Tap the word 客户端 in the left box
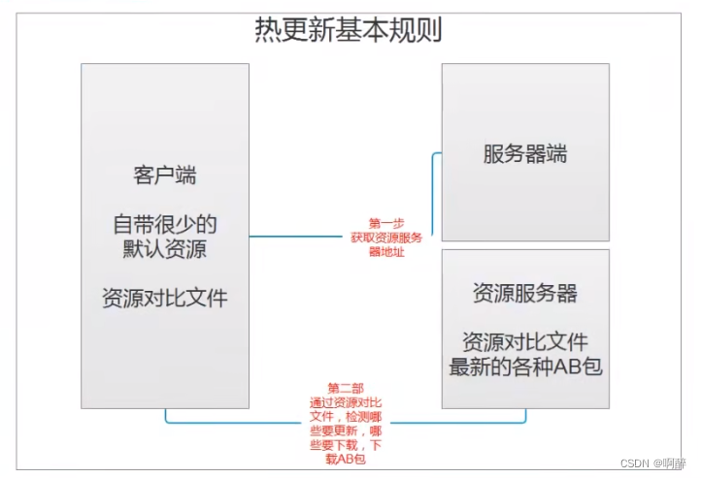[165, 175]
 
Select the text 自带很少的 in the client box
[165, 224]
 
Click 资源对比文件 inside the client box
[165, 298]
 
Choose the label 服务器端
[525, 153]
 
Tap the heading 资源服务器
[525, 293]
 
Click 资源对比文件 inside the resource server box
[525, 341]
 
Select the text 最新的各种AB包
[525, 366]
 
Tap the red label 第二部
[347, 388]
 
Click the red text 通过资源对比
[347, 401]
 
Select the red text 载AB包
[347, 459]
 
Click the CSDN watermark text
[636, 463]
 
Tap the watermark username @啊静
[669, 463]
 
